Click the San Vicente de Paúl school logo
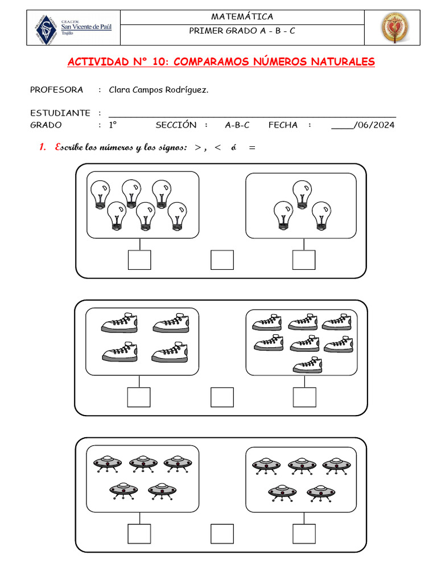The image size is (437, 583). (x=73, y=27)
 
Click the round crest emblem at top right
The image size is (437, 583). (x=394, y=28)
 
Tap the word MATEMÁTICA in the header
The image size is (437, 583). (x=242, y=17)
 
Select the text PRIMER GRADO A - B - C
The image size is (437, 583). (x=242, y=31)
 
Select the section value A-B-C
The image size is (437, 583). (x=237, y=125)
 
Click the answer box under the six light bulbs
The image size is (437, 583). (x=139, y=260)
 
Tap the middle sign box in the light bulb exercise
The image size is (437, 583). (x=222, y=260)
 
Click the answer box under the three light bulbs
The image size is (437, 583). (x=304, y=260)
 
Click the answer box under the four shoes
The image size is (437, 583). (x=139, y=397)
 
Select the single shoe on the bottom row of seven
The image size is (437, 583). (x=307, y=365)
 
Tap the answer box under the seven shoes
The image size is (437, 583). (x=304, y=397)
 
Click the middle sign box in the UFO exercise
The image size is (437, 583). (x=222, y=534)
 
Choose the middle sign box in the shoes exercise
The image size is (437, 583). (x=222, y=397)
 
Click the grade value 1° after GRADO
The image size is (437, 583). (x=113, y=125)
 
